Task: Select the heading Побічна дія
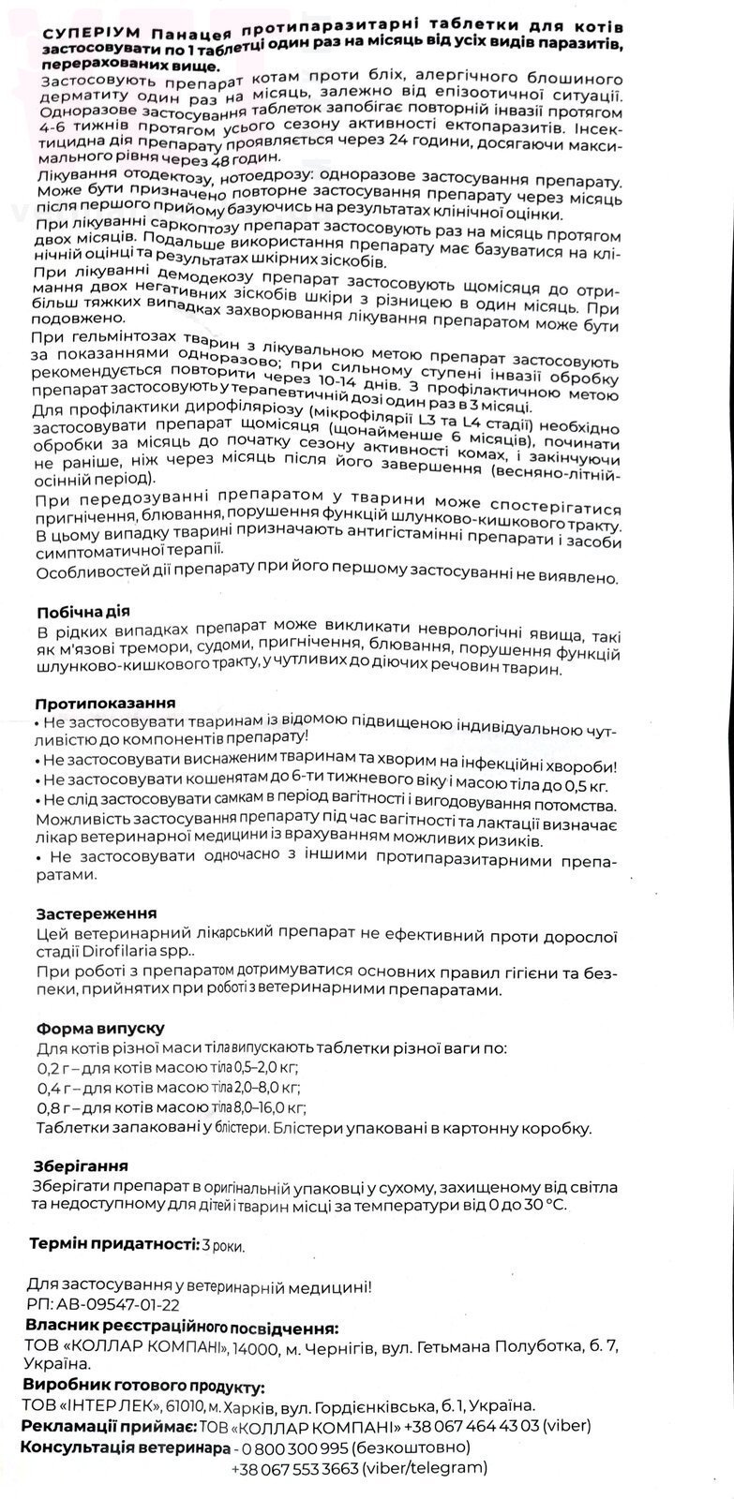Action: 79,613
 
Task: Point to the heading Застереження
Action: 96,913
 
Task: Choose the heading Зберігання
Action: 82,1166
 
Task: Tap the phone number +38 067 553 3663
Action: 294,1469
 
